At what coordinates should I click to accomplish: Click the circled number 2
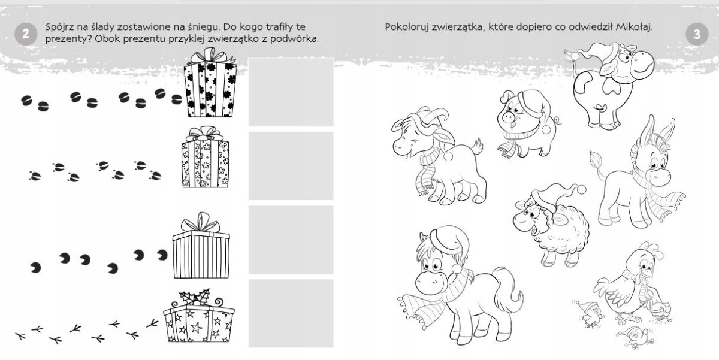click(26, 34)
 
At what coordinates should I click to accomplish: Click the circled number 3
click(697, 34)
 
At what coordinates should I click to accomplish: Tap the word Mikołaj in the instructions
click(634, 27)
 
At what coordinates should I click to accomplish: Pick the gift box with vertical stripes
click(201, 245)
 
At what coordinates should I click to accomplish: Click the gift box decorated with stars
click(199, 316)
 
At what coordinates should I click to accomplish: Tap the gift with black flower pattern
click(210, 83)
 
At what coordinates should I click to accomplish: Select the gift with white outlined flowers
click(205, 157)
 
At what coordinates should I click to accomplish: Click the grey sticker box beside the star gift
click(291, 313)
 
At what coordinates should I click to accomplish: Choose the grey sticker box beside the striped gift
click(291, 240)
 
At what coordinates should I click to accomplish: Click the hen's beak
click(649, 273)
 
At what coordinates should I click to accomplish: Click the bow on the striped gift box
click(201, 222)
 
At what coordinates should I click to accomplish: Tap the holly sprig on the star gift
click(195, 297)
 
